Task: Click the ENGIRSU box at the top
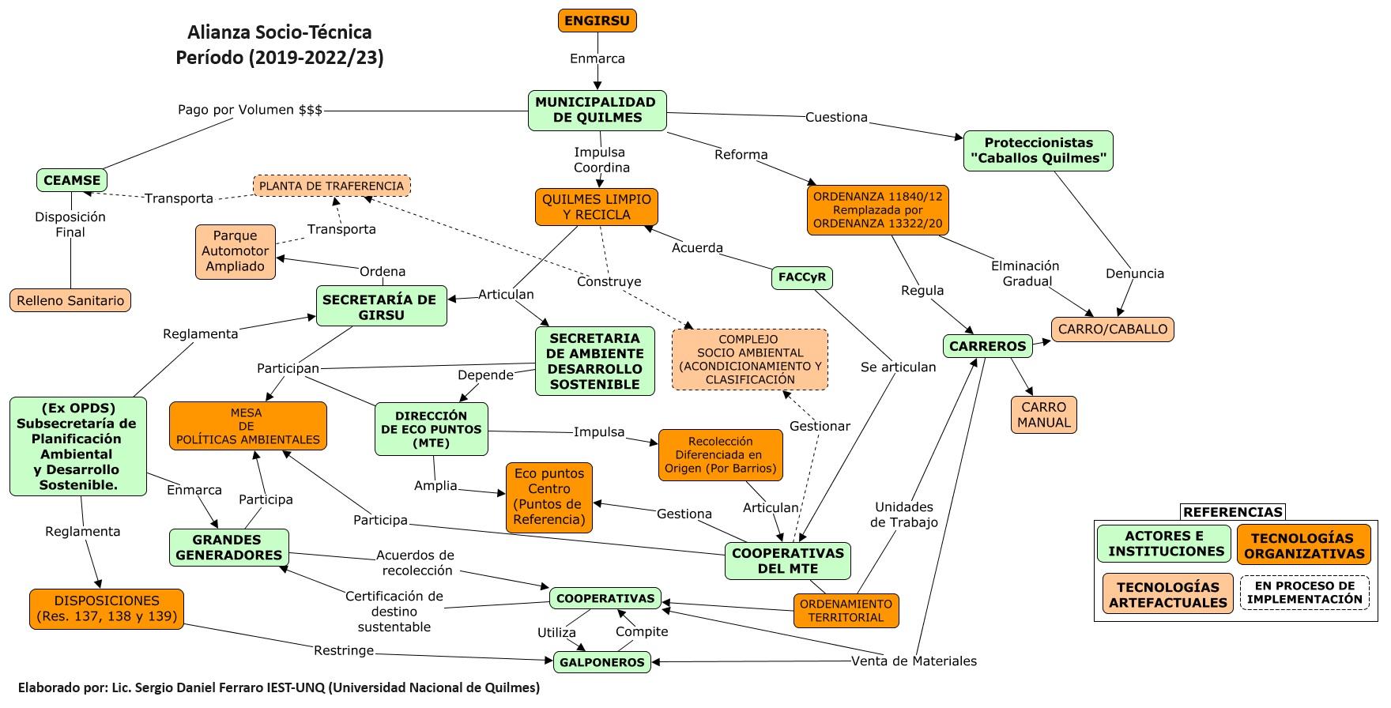tap(597, 21)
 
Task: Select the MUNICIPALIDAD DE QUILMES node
tap(597, 110)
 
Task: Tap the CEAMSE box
tap(72, 180)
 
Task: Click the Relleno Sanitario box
tap(70, 300)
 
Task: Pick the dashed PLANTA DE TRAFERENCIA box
tap(332, 186)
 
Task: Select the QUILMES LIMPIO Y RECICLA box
tap(597, 207)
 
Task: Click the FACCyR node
tap(801, 277)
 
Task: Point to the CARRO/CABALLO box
tap(1112, 329)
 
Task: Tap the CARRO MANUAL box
tap(1043, 415)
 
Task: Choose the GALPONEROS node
tap(602, 662)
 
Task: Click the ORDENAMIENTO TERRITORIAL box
tap(846, 611)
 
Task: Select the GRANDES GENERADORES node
tap(229, 548)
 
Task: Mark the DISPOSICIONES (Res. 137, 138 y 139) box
tap(107, 608)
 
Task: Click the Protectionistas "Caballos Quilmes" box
tap(1038, 150)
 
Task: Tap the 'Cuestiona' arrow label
tap(836, 117)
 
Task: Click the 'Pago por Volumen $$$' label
tap(250, 110)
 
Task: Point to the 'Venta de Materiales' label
tap(914, 661)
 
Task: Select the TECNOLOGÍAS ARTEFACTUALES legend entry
tap(1167, 594)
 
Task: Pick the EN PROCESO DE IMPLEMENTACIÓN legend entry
tap(1304, 593)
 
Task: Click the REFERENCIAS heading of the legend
tap(1232, 512)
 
